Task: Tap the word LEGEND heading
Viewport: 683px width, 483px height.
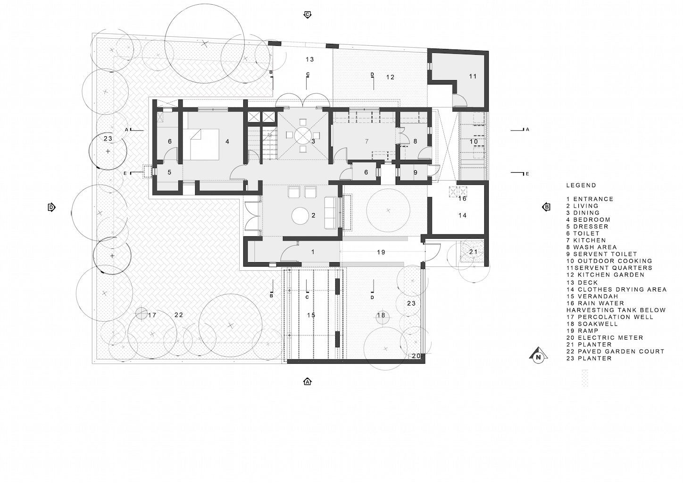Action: coord(581,185)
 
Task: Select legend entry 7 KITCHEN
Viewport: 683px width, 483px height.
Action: coord(586,240)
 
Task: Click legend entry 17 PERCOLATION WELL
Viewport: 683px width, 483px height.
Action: coord(610,317)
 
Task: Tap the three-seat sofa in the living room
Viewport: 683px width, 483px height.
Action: coord(330,213)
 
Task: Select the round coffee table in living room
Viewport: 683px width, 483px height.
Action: coord(300,216)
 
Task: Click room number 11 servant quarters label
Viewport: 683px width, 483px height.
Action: coord(473,76)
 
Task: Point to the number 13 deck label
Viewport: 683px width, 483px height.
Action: coord(309,59)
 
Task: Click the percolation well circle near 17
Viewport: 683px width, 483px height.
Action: coord(141,313)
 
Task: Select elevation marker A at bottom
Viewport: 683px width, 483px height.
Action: coord(308,382)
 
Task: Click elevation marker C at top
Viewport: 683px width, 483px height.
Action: coord(308,15)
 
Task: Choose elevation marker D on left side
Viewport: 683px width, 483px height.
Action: coord(51,208)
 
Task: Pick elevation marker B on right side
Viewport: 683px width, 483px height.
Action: coord(546,208)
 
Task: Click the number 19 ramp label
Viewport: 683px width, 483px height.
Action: coord(381,252)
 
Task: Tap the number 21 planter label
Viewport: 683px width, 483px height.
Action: coord(473,252)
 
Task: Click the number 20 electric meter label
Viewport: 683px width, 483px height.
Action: coord(416,356)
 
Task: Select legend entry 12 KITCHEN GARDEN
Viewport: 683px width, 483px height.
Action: coord(605,275)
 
